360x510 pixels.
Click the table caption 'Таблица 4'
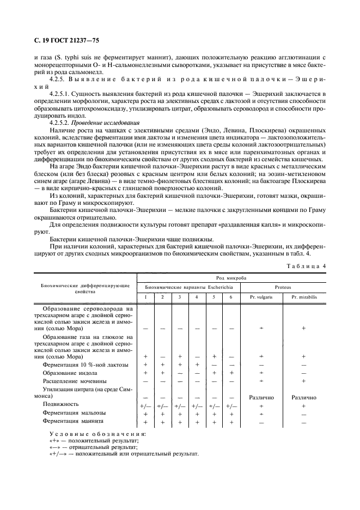(308, 265)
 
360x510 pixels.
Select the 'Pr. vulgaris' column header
(261, 297)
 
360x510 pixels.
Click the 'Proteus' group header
(282, 286)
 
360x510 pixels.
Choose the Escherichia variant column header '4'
(197, 297)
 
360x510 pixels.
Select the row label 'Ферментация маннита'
(73, 421)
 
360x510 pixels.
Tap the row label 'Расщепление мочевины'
(75, 380)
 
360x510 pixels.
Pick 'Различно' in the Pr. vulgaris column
(261, 397)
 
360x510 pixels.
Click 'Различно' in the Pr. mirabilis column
(303, 397)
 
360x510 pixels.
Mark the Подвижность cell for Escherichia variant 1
(145, 405)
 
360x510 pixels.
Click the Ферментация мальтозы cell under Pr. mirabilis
(303, 414)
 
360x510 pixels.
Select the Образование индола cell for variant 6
(231, 372)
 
